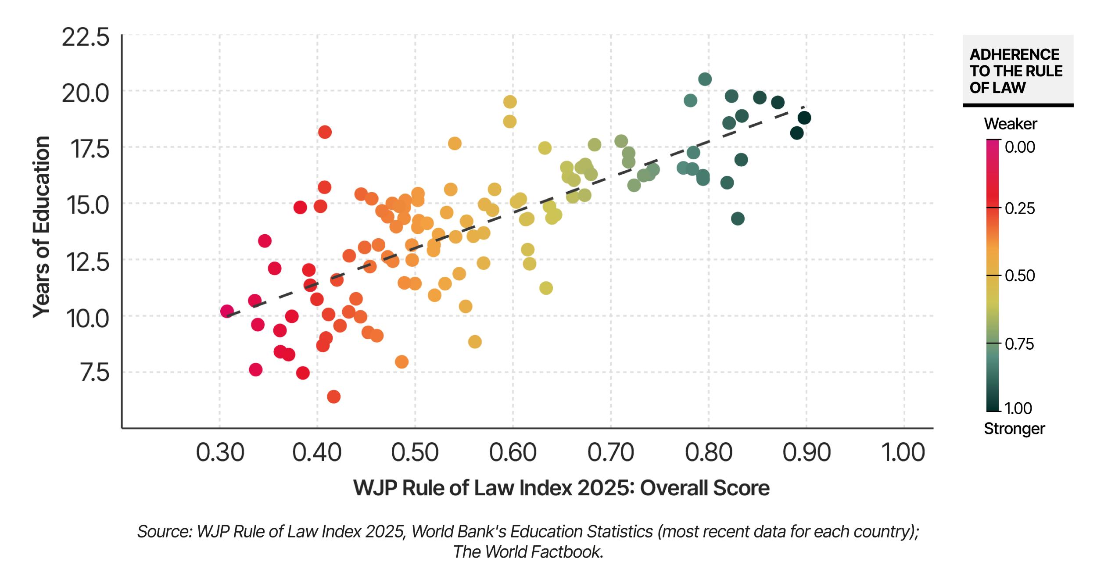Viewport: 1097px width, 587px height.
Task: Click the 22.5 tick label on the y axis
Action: click(x=85, y=38)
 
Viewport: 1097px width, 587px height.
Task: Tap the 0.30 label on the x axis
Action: click(x=219, y=452)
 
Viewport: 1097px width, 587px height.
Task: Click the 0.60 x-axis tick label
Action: click(x=513, y=452)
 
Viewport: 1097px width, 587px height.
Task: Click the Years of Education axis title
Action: click(x=42, y=227)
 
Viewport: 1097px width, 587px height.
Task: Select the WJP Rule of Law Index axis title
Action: click(x=561, y=488)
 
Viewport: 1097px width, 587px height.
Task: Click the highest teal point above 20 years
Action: click(x=704, y=79)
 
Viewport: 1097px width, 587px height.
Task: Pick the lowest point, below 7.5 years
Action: click(x=333, y=397)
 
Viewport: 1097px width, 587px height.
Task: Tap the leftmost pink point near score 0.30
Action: click(x=226, y=311)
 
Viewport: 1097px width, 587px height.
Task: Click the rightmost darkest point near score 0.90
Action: click(x=804, y=118)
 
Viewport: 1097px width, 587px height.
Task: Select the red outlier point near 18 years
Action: click(x=325, y=132)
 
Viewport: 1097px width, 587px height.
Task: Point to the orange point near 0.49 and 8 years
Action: click(x=402, y=362)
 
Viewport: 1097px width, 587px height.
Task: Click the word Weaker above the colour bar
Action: click(x=1010, y=124)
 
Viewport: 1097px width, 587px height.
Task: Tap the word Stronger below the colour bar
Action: click(x=1014, y=428)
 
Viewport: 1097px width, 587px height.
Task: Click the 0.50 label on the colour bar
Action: click(x=1020, y=276)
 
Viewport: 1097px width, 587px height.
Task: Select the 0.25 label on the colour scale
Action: click(x=1020, y=208)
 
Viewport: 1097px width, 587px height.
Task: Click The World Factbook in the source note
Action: click(x=527, y=552)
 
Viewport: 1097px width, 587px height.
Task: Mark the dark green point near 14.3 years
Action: click(x=738, y=218)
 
